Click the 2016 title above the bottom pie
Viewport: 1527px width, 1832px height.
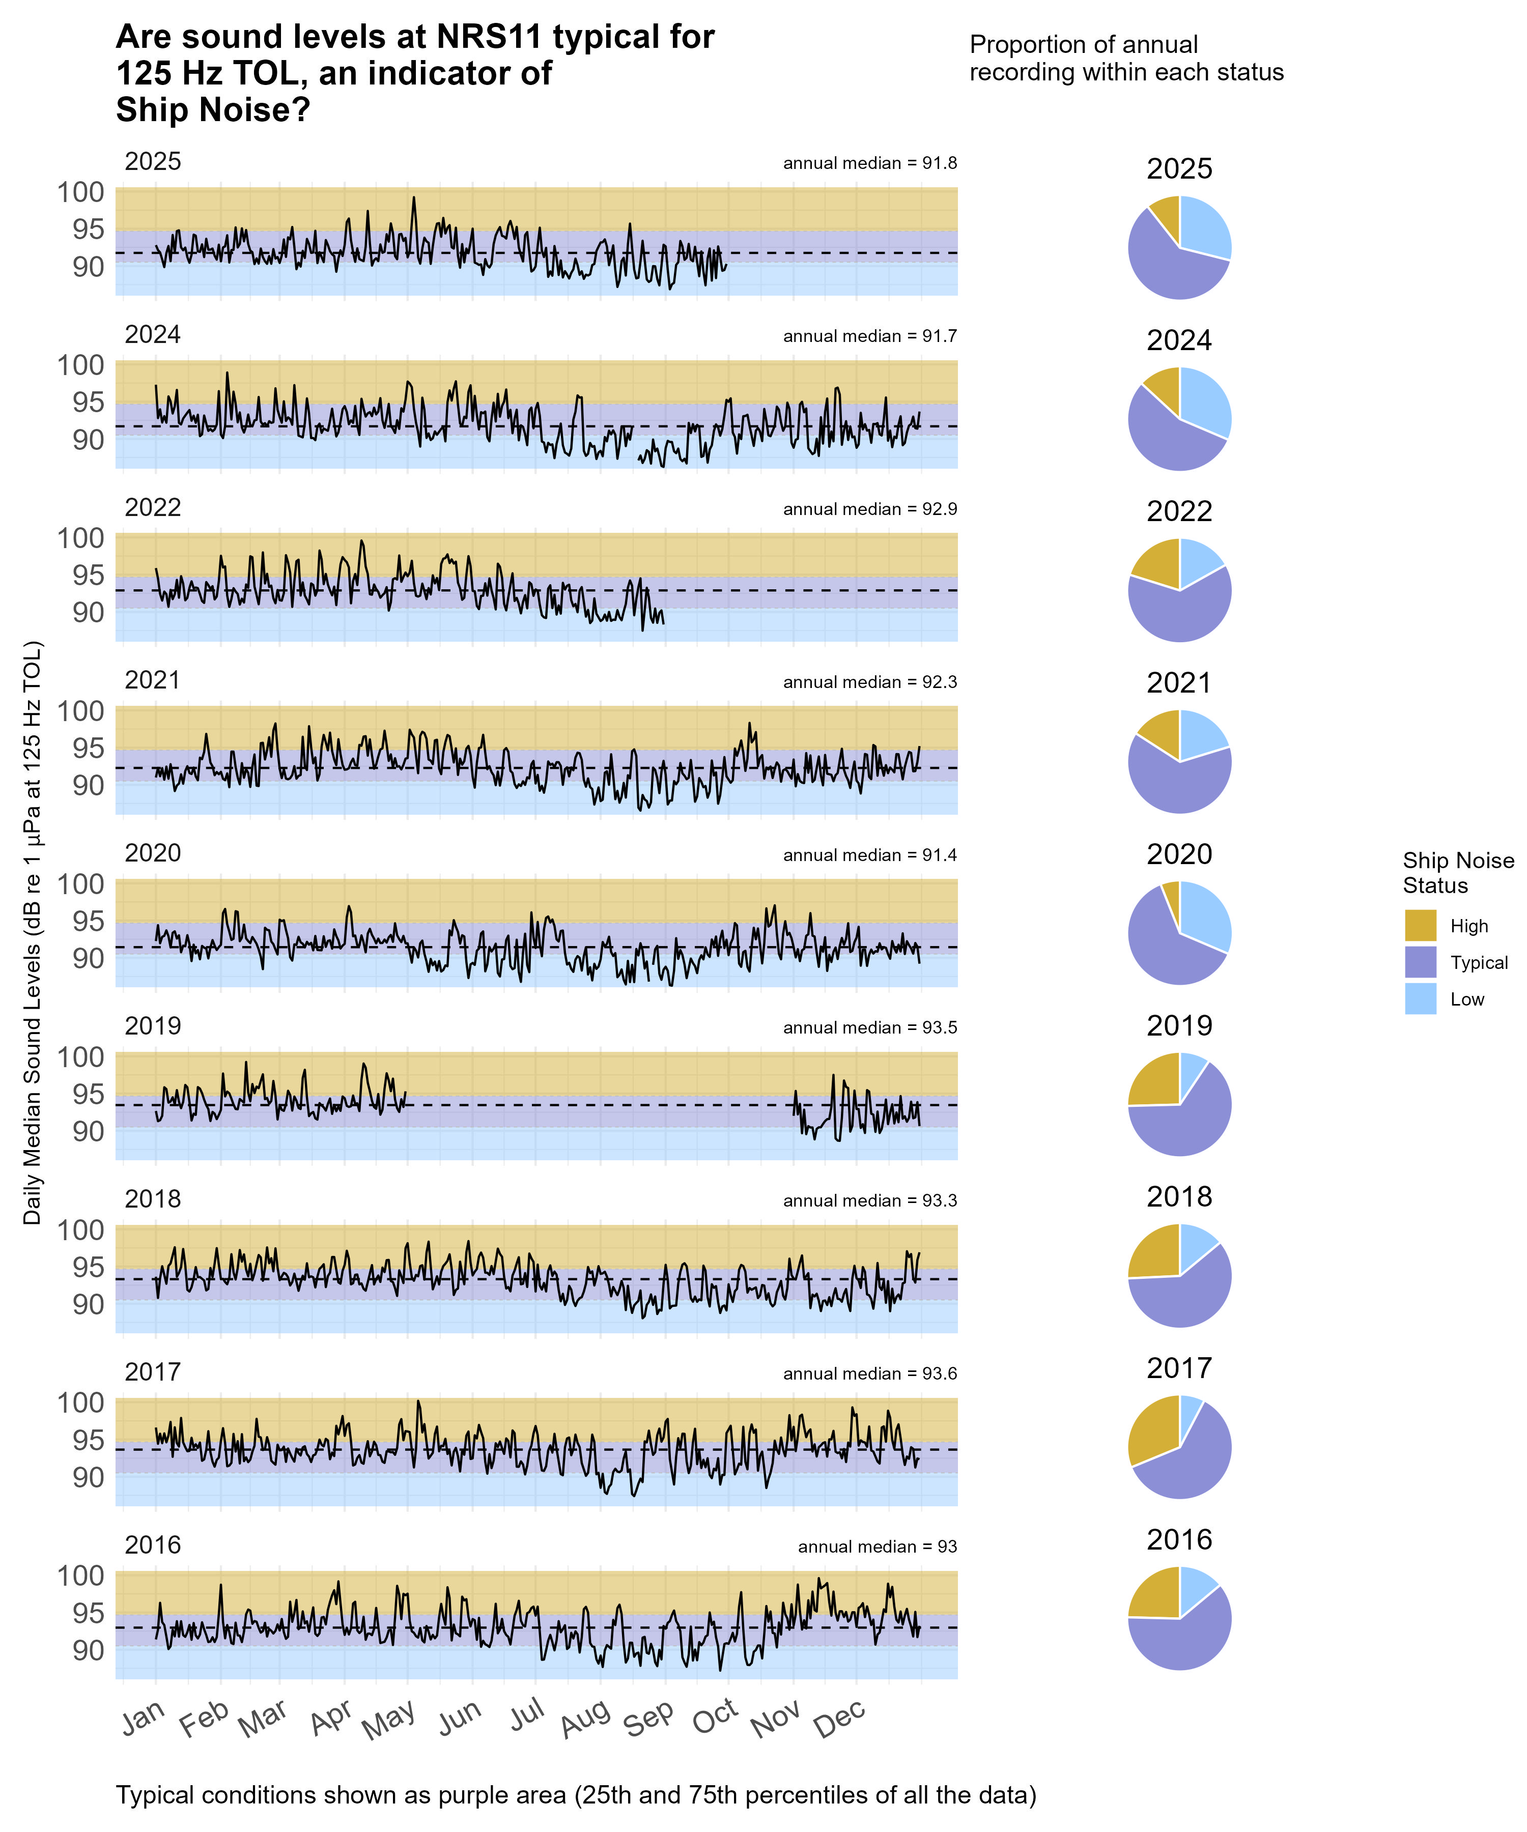tap(1179, 1540)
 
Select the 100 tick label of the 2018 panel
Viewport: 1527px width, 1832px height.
tap(80, 1229)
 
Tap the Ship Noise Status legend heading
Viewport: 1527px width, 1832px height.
tap(1457, 872)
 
